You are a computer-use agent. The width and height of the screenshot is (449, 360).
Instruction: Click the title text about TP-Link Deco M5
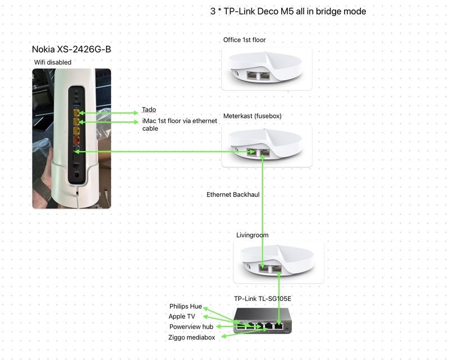(x=287, y=11)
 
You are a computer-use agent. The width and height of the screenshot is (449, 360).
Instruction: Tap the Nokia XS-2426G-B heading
(x=75, y=49)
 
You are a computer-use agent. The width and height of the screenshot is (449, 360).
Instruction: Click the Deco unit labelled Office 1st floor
(x=267, y=69)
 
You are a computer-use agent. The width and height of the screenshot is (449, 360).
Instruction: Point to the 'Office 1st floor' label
(x=244, y=40)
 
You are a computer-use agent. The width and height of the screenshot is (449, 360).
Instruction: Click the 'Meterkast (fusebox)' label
(x=252, y=116)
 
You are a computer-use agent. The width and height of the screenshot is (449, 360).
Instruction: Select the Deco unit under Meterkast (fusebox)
(x=267, y=145)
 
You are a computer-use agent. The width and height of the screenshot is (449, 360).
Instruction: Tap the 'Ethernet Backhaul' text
(x=233, y=194)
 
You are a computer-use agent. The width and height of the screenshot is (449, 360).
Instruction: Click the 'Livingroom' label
(x=252, y=235)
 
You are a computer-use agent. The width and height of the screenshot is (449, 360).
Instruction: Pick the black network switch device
(x=262, y=321)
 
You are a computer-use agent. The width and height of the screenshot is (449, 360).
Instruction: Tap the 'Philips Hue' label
(x=185, y=307)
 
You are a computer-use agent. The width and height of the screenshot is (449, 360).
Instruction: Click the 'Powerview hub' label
(x=191, y=327)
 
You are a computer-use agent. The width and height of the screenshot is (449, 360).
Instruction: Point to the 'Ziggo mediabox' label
(x=191, y=338)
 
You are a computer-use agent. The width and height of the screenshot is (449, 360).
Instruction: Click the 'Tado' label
(x=149, y=110)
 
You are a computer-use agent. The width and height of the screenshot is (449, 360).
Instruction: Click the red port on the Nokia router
(x=76, y=140)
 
